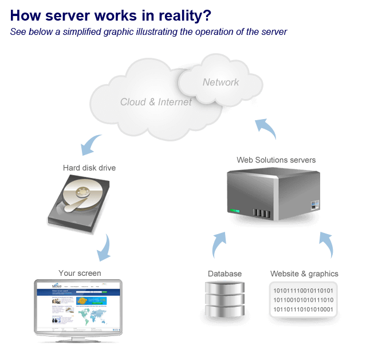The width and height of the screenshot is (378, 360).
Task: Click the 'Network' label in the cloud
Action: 220,82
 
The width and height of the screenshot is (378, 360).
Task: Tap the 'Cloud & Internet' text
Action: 156,102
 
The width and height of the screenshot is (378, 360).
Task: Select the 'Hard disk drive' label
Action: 89,168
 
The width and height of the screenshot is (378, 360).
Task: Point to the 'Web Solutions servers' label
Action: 275,159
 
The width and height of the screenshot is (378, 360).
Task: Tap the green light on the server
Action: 235,211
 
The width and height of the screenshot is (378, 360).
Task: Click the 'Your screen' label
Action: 80,273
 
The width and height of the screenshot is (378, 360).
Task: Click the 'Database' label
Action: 225,274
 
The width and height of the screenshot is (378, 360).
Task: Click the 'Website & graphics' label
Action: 304,274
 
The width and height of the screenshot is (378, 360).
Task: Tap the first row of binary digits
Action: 304,290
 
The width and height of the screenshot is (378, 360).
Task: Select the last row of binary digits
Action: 304,310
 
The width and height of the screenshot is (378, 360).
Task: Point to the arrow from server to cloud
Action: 266,129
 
